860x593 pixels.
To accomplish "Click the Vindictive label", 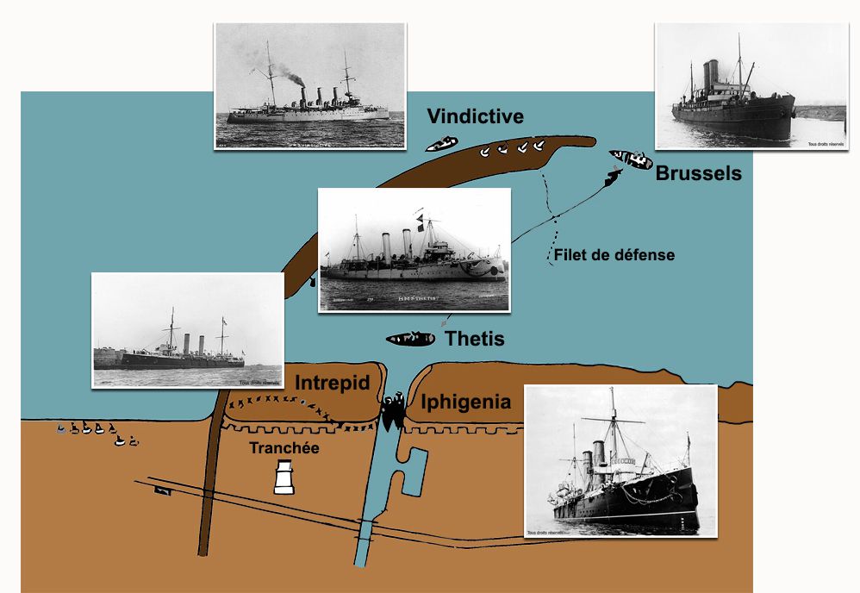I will coord(475,116).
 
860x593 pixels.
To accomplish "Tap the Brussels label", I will coord(698,173).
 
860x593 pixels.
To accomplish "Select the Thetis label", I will coord(474,339).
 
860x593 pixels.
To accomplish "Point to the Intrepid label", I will coord(332,383).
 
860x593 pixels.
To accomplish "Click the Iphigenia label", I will coord(465,402).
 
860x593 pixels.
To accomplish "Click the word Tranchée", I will coord(284,448).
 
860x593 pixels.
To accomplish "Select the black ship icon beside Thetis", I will coord(411,339).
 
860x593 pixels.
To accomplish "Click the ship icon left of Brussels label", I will coord(631,159).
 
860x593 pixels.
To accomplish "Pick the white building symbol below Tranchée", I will coord(283,477).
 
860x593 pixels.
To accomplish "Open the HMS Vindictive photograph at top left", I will coord(309,85).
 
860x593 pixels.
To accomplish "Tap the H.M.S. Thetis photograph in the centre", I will coord(414,250).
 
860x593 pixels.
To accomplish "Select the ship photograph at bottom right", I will coord(620,461).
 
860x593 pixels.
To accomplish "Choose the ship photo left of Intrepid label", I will coord(187,330).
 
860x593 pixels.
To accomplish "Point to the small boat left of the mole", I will coord(441,143).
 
